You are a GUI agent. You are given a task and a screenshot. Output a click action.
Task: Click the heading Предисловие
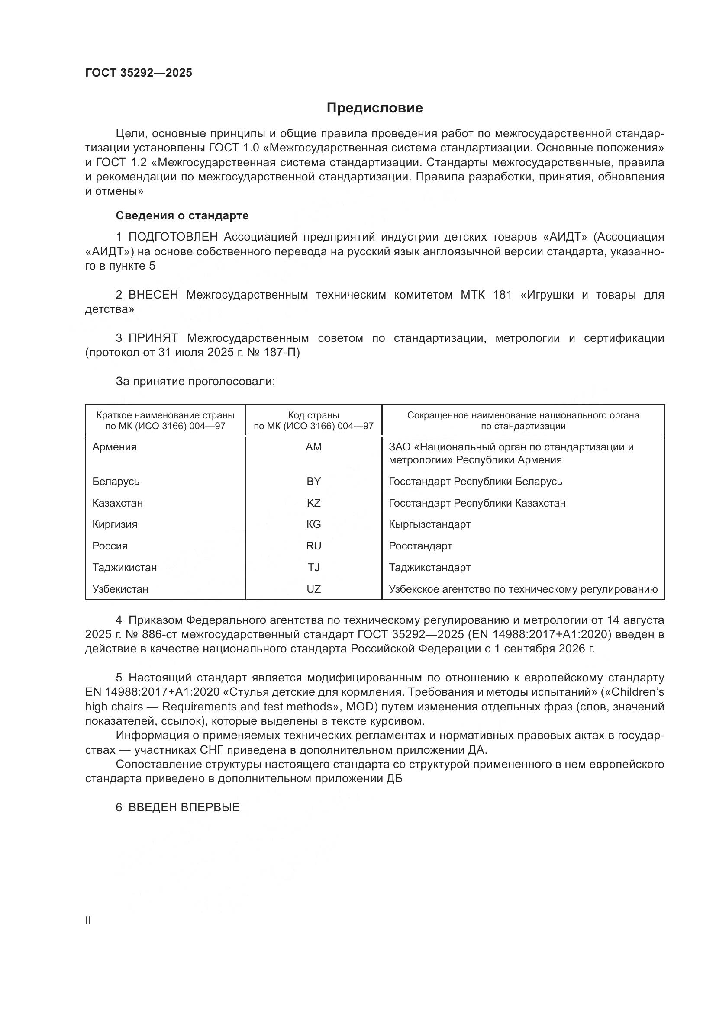[x=374, y=108]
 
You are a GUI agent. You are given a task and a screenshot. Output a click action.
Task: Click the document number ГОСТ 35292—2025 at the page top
[x=139, y=73]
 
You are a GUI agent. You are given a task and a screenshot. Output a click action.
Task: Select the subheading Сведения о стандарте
[x=182, y=215]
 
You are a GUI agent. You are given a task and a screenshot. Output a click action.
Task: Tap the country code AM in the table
[x=313, y=447]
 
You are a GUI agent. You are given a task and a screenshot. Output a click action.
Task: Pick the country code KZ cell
[x=313, y=503]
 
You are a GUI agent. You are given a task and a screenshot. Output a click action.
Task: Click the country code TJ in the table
[x=313, y=567]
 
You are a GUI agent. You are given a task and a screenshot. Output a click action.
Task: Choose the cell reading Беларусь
[x=116, y=481]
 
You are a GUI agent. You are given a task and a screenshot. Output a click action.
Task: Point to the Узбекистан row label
[x=120, y=589]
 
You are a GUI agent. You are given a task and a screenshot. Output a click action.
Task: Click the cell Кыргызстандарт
[x=429, y=524]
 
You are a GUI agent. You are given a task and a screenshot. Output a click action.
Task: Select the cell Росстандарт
[x=420, y=546]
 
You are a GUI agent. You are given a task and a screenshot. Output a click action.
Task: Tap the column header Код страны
[x=313, y=415]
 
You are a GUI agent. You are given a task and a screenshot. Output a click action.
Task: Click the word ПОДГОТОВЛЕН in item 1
[x=173, y=237]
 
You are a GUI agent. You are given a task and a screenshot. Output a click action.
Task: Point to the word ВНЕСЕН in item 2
[x=153, y=295]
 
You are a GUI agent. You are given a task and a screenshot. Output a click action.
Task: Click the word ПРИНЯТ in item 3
[x=153, y=338]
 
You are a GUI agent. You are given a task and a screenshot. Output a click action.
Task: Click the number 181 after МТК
[x=503, y=295]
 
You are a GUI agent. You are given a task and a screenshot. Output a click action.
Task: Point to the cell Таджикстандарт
[x=429, y=567]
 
